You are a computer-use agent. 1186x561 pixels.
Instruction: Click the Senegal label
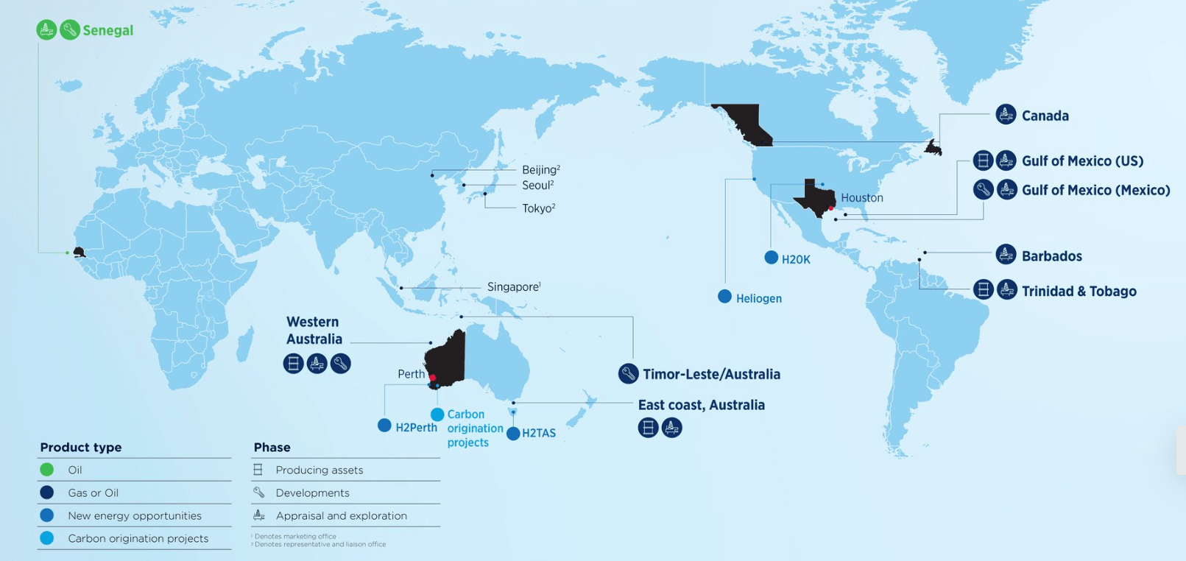(107, 30)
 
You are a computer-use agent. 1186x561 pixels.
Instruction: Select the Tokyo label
(538, 208)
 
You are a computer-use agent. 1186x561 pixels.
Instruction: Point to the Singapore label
(513, 286)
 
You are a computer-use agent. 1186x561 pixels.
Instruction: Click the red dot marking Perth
(432, 378)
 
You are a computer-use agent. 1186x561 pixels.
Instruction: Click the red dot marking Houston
(831, 208)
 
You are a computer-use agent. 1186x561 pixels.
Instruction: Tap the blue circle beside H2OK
(771, 258)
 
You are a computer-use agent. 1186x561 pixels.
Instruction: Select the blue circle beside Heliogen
(724, 297)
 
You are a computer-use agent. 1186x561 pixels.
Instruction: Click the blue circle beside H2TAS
(513, 434)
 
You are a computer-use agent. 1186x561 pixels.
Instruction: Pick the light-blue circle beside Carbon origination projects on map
(437, 414)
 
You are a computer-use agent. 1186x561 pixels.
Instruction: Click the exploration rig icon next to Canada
(1006, 115)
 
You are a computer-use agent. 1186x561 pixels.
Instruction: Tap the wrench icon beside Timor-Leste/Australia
(628, 374)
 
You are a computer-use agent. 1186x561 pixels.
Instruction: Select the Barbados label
(1051, 256)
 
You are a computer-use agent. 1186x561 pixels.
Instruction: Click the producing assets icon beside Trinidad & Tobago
(983, 289)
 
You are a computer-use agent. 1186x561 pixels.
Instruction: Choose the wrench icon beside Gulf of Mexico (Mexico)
(983, 190)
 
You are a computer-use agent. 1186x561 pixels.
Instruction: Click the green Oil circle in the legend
(47, 470)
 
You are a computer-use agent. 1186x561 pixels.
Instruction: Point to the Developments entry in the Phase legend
(312, 493)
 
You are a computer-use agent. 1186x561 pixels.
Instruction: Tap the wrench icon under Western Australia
(340, 364)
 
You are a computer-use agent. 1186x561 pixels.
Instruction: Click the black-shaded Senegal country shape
(79, 253)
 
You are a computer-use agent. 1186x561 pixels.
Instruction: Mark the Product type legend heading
(81, 447)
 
